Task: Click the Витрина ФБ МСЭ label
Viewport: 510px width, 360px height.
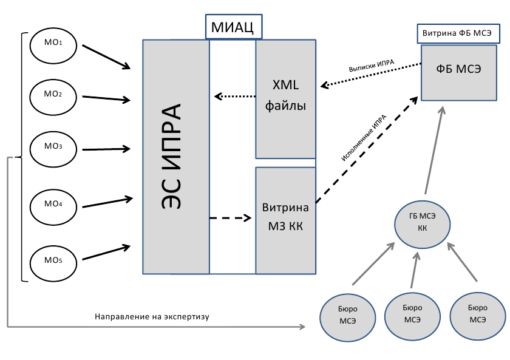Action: pyautogui.click(x=460, y=33)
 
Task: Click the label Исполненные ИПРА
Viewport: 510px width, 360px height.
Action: pyautogui.click(x=364, y=139)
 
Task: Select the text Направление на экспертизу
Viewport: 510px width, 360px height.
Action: pyautogui.click(x=156, y=317)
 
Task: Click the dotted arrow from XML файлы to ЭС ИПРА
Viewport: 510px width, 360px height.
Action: pyautogui.click(x=235, y=96)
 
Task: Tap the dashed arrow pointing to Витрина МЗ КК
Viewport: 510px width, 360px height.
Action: pyautogui.click(x=230, y=217)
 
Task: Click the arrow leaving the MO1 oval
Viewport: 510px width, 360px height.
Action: pyautogui.click(x=107, y=55)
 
